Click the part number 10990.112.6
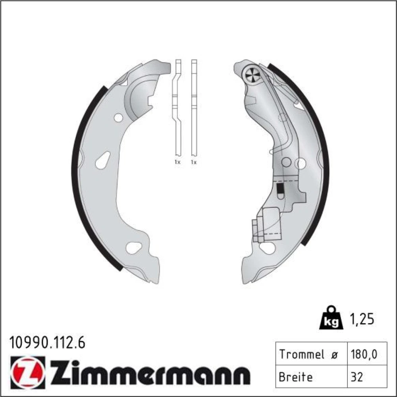47,343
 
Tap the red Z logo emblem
28,372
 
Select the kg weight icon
331,318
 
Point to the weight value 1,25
362,320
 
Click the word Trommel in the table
302,354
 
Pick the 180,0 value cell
364,354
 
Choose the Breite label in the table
295,377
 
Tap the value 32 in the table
357,377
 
